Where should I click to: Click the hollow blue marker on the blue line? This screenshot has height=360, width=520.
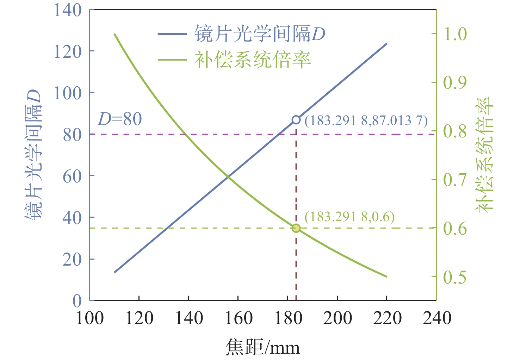click(296, 120)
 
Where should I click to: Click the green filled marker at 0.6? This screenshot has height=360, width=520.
click(296, 228)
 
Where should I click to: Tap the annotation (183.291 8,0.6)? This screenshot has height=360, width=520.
click(349, 217)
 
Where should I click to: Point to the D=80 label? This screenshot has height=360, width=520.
click(120, 119)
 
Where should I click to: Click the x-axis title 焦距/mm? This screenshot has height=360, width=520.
click(262, 347)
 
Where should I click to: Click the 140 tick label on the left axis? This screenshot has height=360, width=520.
click(68, 10)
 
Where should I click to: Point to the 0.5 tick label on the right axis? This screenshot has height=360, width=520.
click(455, 277)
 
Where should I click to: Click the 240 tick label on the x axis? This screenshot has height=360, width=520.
click(437, 318)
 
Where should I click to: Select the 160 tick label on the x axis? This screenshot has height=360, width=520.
click(239, 318)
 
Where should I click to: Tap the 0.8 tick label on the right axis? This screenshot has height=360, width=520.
click(455, 131)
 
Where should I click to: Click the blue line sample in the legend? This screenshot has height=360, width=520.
click(172, 34)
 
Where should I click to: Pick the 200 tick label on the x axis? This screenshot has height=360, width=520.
click(338, 318)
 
